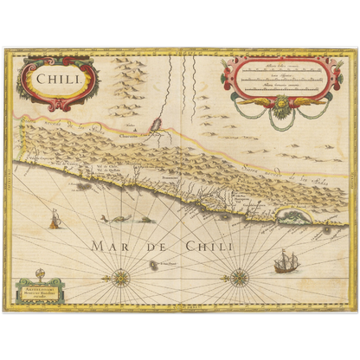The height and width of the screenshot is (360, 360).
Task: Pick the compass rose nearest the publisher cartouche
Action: click(121, 278)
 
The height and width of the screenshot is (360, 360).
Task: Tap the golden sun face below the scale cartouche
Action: click(280, 110)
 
